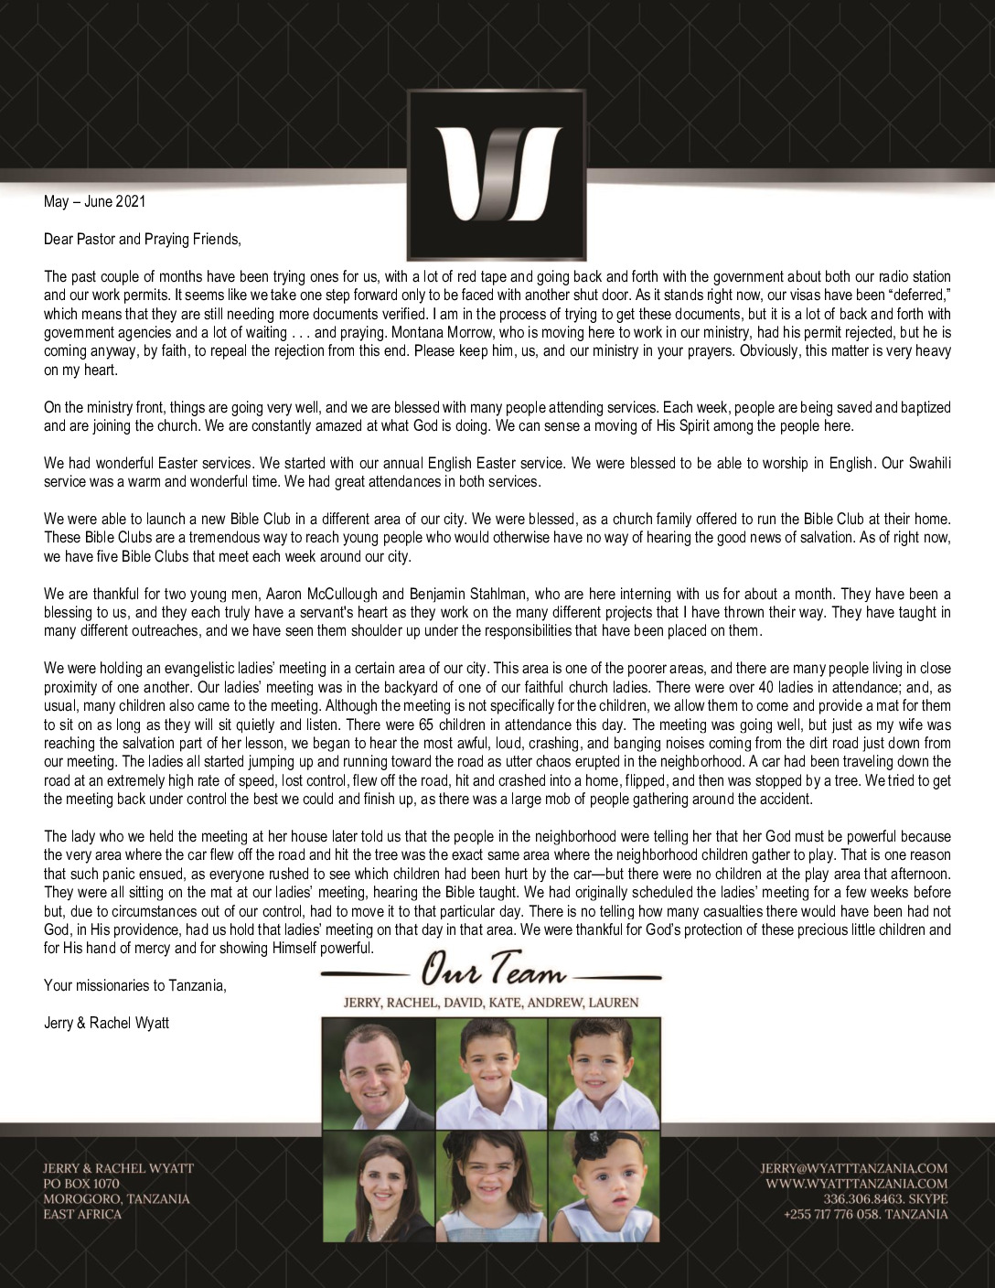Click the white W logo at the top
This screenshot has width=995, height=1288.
click(x=496, y=174)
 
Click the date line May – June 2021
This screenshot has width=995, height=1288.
click(x=94, y=201)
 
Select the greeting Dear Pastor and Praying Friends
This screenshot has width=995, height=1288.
click(x=143, y=240)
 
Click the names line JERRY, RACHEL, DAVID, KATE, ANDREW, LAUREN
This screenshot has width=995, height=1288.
click(x=491, y=1003)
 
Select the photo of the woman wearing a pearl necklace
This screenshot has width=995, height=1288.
click(x=378, y=1186)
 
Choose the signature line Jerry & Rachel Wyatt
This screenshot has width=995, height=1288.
click(x=106, y=1023)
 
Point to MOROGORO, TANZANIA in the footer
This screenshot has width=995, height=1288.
click(x=116, y=1198)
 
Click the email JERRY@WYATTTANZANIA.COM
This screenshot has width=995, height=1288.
click(x=853, y=1168)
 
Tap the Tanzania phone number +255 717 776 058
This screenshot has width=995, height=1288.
click(x=833, y=1214)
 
